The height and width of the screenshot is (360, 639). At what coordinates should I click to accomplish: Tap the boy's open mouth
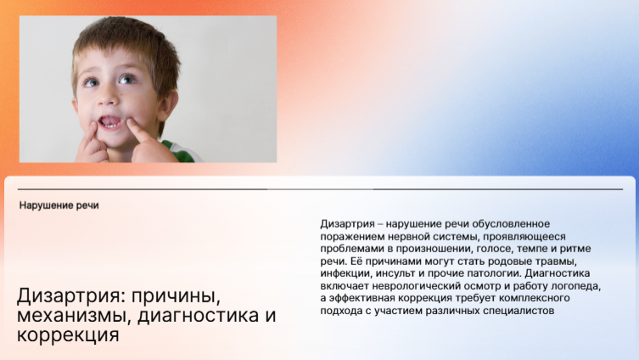[110, 122]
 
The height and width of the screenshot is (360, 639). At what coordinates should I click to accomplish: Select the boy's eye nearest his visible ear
[127, 79]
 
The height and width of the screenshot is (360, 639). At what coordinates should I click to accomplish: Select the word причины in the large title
[176, 296]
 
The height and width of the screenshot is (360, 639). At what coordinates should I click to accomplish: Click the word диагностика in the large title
[198, 316]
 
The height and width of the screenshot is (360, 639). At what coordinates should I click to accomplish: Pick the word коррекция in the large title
[68, 335]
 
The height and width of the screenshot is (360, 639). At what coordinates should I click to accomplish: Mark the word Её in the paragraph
[345, 261]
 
